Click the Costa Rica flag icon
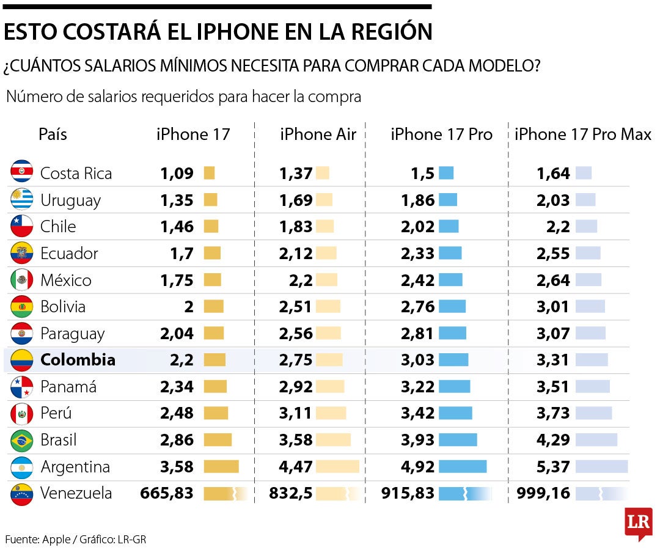[21, 172]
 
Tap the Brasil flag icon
[21, 440]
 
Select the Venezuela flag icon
[21, 494]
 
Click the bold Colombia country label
[78, 360]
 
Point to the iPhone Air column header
[318, 134]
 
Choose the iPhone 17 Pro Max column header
[582, 134]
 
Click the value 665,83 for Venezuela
[167, 493]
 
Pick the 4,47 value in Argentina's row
[296, 467]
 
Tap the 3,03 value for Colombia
[418, 360]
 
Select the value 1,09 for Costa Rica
[177, 173]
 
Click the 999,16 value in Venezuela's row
[543, 493]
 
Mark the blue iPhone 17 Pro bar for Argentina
[463, 467]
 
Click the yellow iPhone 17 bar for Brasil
[218, 440]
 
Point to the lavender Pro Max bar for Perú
[593, 413]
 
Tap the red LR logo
[638, 522]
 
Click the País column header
[53, 134]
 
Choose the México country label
[66, 280]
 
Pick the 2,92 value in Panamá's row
[296, 387]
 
